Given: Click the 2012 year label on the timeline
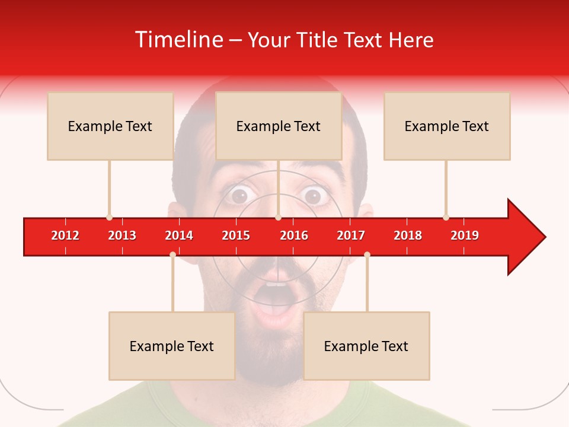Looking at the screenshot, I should pos(65,235).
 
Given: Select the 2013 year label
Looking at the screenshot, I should pos(122,235).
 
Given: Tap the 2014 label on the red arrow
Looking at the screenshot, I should pos(179,235).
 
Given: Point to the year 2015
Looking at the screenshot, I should pos(236,235).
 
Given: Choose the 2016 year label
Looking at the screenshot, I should pos(294,235).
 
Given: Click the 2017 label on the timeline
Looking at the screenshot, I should pos(351,235).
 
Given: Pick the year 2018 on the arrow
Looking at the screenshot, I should pos(408,235).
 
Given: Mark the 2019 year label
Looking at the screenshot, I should pos(465,235).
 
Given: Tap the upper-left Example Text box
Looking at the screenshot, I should pos(110,126).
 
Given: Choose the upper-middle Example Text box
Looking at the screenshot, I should pos(279,126).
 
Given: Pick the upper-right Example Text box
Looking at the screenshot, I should pos(447,126).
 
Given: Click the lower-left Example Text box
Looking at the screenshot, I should pos(172,346).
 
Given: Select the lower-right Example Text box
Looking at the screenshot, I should pos(366,346).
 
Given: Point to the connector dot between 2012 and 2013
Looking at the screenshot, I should pos(109,217).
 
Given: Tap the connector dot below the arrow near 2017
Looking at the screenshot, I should pos(367,254).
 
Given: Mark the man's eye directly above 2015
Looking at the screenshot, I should pos(240,195).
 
